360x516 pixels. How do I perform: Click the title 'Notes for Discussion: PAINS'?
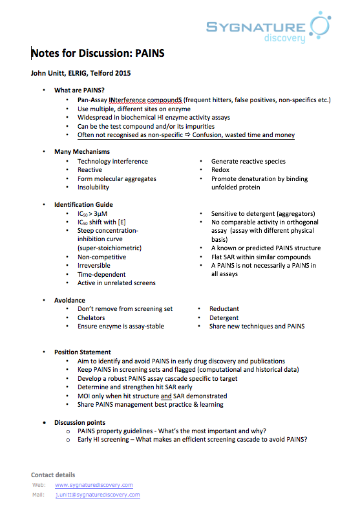(98, 54)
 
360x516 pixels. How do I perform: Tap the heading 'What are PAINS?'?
(79, 91)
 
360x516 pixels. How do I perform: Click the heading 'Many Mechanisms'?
(82, 152)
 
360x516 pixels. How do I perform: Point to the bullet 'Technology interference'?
(112, 161)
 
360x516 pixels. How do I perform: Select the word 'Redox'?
(220, 170)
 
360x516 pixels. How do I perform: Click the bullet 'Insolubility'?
(93, 188)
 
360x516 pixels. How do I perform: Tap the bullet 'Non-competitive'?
(101, 257)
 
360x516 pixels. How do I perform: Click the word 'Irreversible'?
(94, 266)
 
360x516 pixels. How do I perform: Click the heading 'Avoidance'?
(69, 301)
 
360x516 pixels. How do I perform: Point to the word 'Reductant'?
(224, 309)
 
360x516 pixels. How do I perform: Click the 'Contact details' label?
(53, 475)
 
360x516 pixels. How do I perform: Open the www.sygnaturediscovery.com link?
(94, 485)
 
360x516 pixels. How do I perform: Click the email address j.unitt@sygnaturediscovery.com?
(97, 495)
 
